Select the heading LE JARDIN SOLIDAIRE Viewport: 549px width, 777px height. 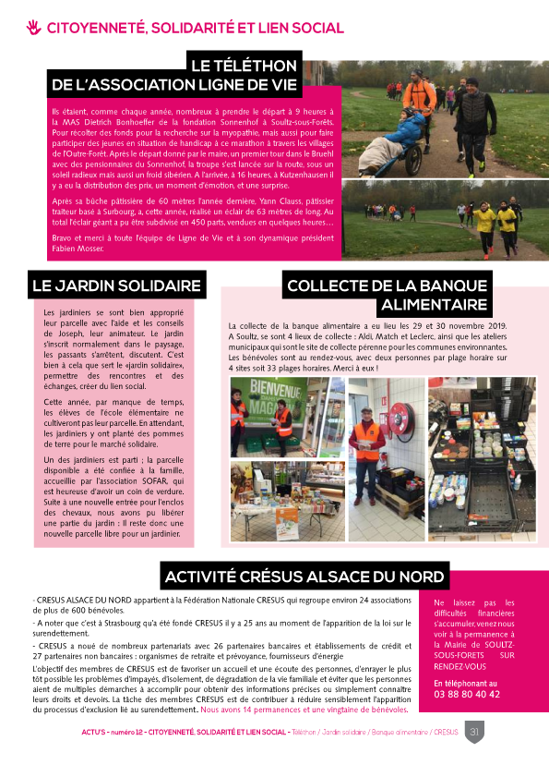(117, 285)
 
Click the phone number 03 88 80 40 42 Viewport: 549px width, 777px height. (466, 695)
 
